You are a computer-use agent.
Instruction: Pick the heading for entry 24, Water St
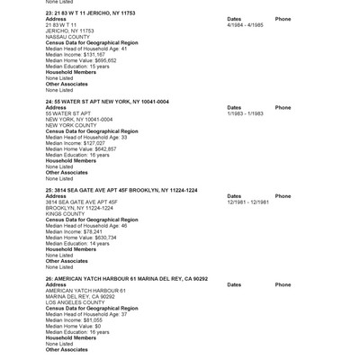tap(107, 103)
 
